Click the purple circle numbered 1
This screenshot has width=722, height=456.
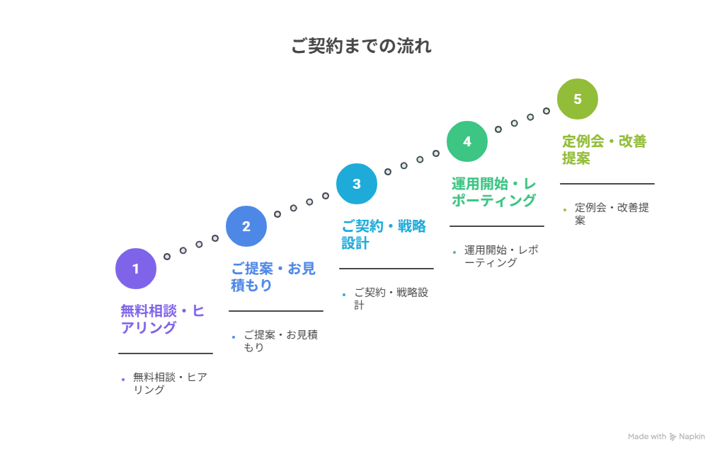click(136, 269)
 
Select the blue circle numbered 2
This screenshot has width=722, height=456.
click(246, 226)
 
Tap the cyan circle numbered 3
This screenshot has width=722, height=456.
click(357, 184)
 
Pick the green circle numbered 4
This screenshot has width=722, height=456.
click(467, 141)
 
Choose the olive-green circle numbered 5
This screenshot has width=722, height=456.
click(578, 99)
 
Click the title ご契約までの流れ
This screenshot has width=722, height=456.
click(361, 47)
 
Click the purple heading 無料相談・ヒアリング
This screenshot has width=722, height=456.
click(162, 319)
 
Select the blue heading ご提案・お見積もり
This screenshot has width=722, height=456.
click(273, 276)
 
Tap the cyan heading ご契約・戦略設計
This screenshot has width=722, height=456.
click(383, 234)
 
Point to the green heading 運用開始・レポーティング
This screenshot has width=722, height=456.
click(493, 192)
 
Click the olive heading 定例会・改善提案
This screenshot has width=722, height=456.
click(604, 149)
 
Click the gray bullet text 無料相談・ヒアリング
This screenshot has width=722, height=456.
click(170, 383)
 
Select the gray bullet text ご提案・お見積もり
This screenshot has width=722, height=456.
click(280, 341)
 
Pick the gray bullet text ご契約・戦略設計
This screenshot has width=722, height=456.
click(391, 298)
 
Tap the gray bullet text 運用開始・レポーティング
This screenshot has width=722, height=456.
click(501, 256)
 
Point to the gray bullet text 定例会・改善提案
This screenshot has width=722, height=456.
click(612, 214)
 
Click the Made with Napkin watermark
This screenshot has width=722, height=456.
click(666, 437)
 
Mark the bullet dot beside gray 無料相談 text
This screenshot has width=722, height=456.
click(123, 380)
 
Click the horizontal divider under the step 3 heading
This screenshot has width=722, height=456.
click(386, 269)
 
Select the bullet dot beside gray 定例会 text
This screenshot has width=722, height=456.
click(565, 210)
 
